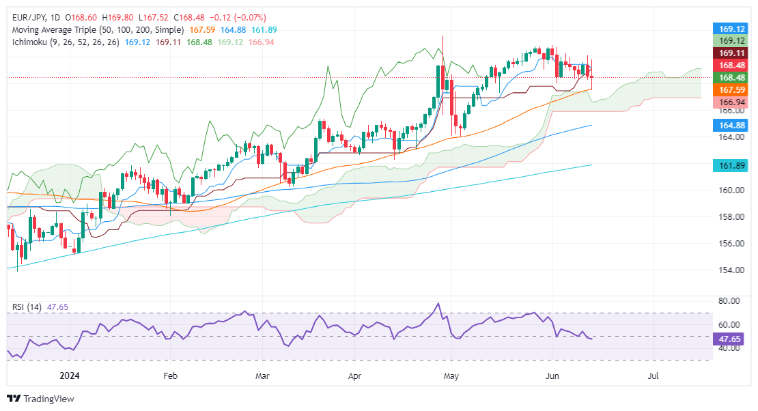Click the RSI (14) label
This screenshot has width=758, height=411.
26,308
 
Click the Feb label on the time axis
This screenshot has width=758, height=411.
170,375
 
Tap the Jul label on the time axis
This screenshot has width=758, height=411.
654,375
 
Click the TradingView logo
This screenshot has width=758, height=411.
41,399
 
